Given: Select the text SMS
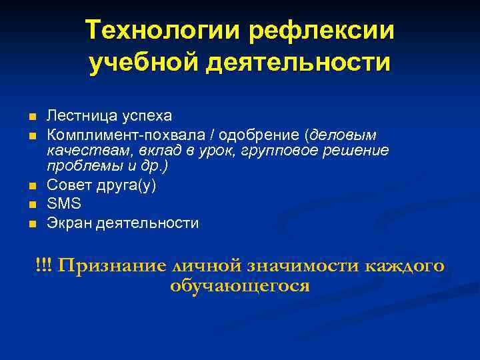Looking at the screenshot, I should tap(63, 204).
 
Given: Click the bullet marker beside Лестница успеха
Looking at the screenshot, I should tap(31, 117).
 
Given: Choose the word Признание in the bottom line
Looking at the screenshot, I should tap(112, 265).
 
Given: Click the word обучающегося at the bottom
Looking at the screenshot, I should tap(240, 286).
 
